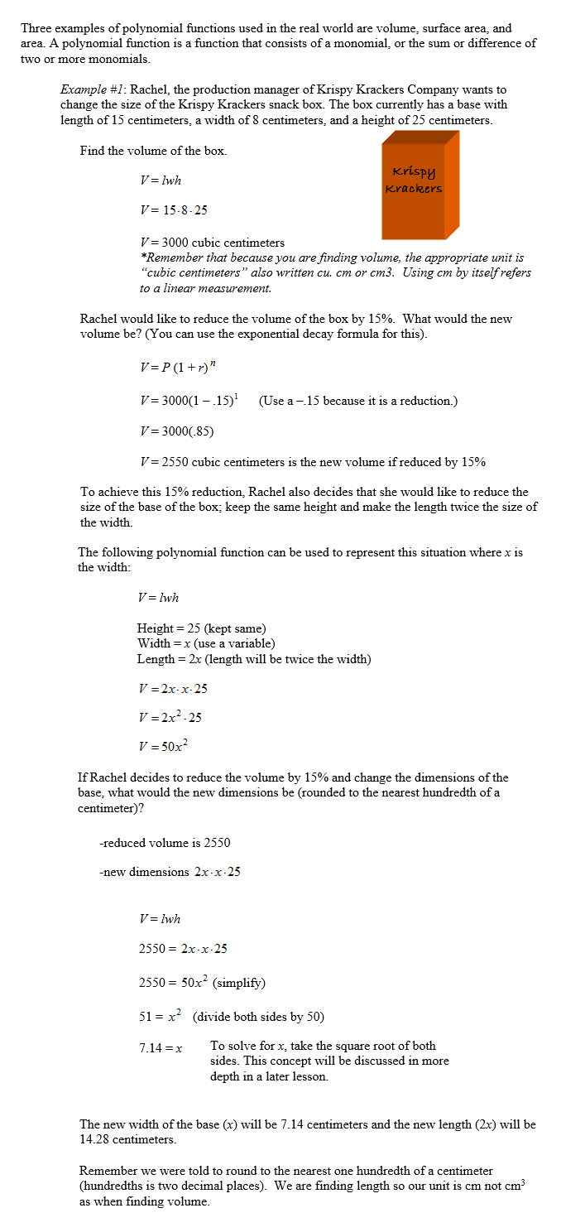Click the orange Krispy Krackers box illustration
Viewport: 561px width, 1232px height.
tap(420, 186)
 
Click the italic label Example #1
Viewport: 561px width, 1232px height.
tap(92, 89)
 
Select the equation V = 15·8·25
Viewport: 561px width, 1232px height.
tap(174, 210)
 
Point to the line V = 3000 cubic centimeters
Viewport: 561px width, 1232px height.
tap(212, 243)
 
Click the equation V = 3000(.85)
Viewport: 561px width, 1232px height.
tap(177, 431)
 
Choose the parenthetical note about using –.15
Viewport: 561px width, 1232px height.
tap(357, 401)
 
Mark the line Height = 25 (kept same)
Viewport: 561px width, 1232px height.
tap(201, 628)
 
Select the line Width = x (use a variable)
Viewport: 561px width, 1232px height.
tap(205, 643)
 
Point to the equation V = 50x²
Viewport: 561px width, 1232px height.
tap(164, 746)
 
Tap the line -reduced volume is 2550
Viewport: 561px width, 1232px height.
tap(165, 843)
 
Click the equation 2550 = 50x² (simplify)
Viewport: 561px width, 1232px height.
tap(201, 983)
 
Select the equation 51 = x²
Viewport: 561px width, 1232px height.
tap(159, 1016)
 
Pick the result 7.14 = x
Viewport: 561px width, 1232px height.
tap(160, 1048)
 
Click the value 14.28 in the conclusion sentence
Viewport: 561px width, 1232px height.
tap(94, 1139)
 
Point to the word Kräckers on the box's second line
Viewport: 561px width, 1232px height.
tap(413, 189)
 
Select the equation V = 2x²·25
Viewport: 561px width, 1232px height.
tap(170, 717)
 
